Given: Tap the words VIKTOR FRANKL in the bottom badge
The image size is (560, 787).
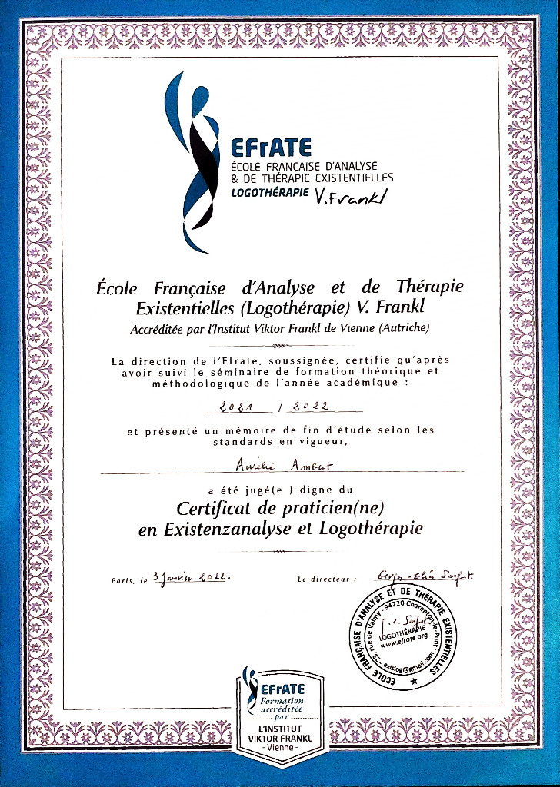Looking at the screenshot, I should [281, 739].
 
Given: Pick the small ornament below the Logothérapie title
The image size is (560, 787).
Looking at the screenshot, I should [281, 551].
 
